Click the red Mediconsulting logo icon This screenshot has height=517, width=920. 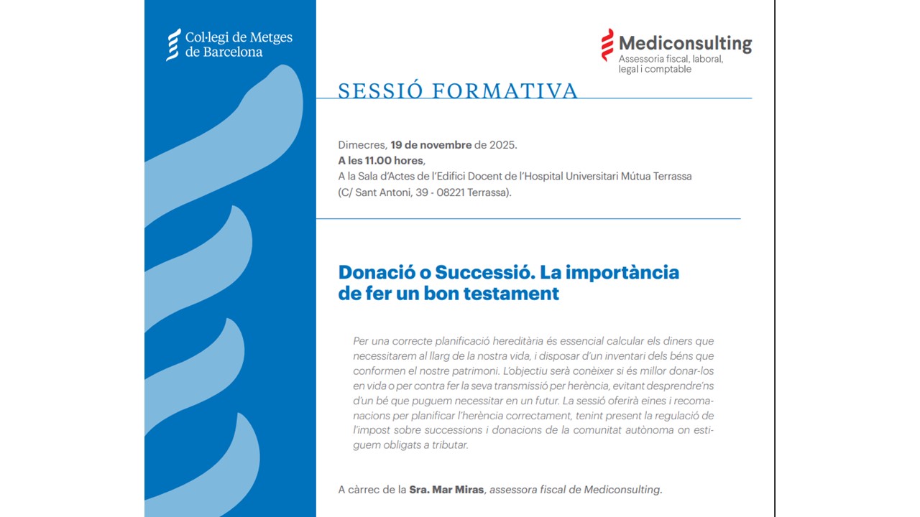pyautogui.click(x=607, y=45)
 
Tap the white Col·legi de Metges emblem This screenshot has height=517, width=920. pyautogui.click(x=173, y=45)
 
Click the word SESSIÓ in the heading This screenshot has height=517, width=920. pyautogui.click(x=380, y=91)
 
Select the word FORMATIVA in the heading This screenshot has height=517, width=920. pyautogui.click(x=505, y=91)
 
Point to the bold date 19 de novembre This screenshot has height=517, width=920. pyautogui.click(x=431, y=145)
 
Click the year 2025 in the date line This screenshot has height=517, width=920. pyautogui.click(x=502, y=145)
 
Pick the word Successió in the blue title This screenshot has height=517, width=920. pyautogui.click(x=485, y=272)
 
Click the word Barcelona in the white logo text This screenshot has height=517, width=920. pyautogui.click(x=232, y=52)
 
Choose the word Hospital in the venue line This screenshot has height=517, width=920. pyautogui.click(x=543, y=177)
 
